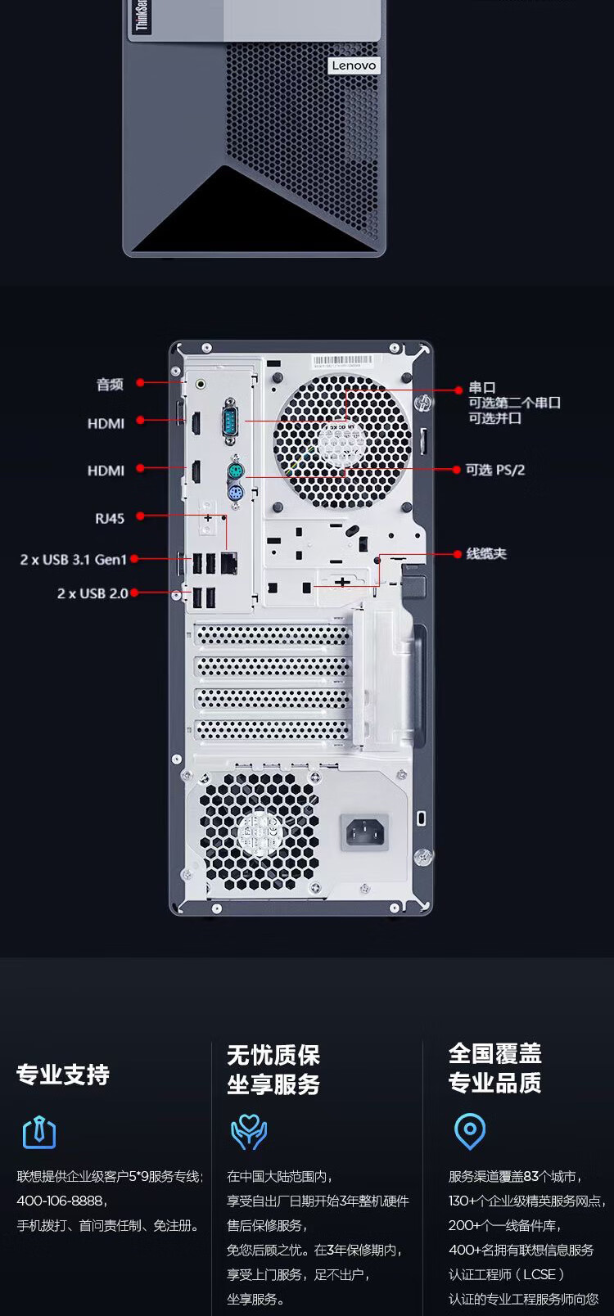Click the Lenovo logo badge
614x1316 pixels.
pyautogui.click(x=354, y=65)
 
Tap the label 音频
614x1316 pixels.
pyautogui.click(x=110, y=384)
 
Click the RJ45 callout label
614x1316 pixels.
pyautogui.click(x=110, y=517)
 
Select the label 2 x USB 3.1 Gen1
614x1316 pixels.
pyautogui.click(x=74, y=560)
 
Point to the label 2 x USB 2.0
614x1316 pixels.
pyautogui.click(x=93, y=593)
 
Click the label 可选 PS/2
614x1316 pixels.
pyautogui.click(x=495, y=470)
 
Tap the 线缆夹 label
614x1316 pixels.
pyautogui.click(x=486, y=554)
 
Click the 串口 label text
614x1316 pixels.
pyautogui.click(x=482, y=388)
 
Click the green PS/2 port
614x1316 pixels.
pyautogui.click(x=235, y=471)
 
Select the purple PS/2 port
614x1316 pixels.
pyautogui.click(x=235, y=494)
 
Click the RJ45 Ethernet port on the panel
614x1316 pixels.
pyautogui.click(x=229, y=561)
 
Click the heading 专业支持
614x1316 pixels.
pyautogui.click(x=63, y=1074)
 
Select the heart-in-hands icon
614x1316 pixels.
pyautogui.click(x=249, y=1131)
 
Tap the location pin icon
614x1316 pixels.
pyautogui.click(x=469, y=1131)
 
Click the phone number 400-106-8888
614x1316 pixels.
pyautogui.click(x=61, y=1201)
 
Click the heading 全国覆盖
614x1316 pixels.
pyautogui.click(x=494, y=1053)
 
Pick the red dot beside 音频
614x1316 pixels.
pyautogui.click(x=141, y=382)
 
